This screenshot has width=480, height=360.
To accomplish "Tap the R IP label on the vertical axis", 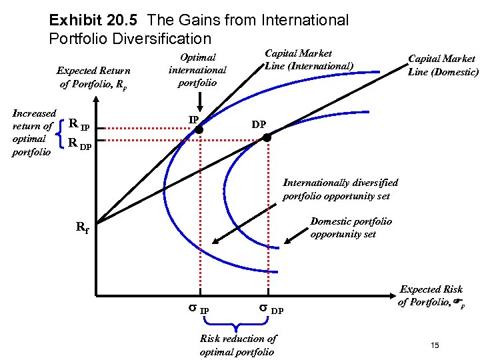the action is click(79, 126).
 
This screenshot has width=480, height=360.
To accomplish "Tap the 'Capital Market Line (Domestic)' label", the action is click(443, 65).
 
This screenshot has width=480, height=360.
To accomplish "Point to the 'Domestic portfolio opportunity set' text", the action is click(351, 227).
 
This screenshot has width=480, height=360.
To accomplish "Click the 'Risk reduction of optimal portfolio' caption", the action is click(237, 345).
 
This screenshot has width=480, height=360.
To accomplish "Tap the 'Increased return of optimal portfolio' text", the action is click(34, 132).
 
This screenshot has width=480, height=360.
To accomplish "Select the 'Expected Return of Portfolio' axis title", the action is click(94, 77).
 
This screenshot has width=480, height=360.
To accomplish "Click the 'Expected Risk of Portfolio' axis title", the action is click(431, 295).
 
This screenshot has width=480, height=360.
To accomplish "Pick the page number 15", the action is click(435, 345).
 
